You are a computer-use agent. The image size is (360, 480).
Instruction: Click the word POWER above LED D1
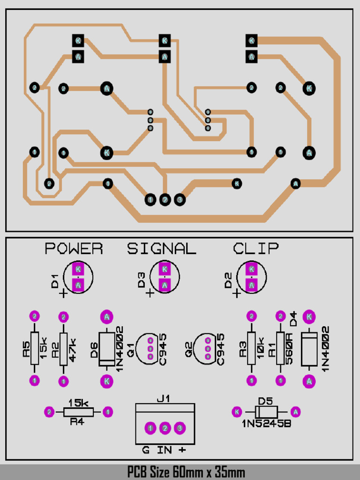74,249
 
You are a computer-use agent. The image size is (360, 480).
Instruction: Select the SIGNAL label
162,249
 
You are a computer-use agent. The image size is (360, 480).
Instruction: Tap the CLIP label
256,249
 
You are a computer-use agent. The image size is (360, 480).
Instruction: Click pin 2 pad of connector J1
165,428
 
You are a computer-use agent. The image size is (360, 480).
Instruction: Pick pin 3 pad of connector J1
180,428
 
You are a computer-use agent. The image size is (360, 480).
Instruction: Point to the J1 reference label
163,399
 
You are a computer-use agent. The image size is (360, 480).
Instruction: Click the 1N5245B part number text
265,424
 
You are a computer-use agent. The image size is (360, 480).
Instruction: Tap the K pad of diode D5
237,412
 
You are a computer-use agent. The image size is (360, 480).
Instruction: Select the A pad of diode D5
295,412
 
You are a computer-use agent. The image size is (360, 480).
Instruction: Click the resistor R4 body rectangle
78,412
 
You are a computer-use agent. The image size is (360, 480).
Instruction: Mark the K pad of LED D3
165,269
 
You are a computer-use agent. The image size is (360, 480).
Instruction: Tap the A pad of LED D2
252,285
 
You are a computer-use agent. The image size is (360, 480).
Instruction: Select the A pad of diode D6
107,317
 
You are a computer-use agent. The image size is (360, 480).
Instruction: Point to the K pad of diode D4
309,317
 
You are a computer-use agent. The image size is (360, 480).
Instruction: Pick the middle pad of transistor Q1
150,349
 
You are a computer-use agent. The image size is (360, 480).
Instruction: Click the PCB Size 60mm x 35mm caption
186,472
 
